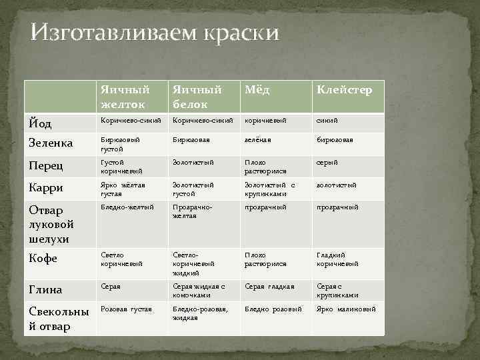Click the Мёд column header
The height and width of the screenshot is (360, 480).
pos(257,90)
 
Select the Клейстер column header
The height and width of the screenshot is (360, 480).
pos(344,90)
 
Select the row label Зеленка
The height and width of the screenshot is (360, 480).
pos(52,143)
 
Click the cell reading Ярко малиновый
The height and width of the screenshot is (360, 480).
pos(346,309)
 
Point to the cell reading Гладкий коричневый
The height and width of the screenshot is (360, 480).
pos(337,259)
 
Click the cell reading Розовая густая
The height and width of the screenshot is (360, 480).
pos(126,309)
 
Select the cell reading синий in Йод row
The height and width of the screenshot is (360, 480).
pos(327,121)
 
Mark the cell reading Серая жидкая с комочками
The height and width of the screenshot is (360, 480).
pos(200,290)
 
